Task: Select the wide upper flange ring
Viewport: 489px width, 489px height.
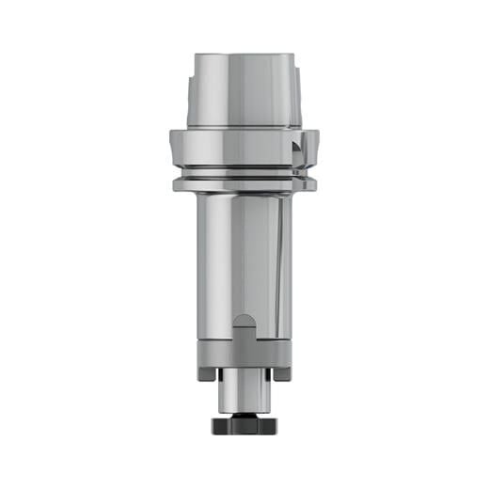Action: click(244, 147)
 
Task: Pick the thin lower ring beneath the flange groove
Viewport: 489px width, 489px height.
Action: click(244, 181)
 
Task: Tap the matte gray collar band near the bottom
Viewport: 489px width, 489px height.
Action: click(244, 356)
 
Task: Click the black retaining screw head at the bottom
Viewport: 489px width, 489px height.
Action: click(244, 424)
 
